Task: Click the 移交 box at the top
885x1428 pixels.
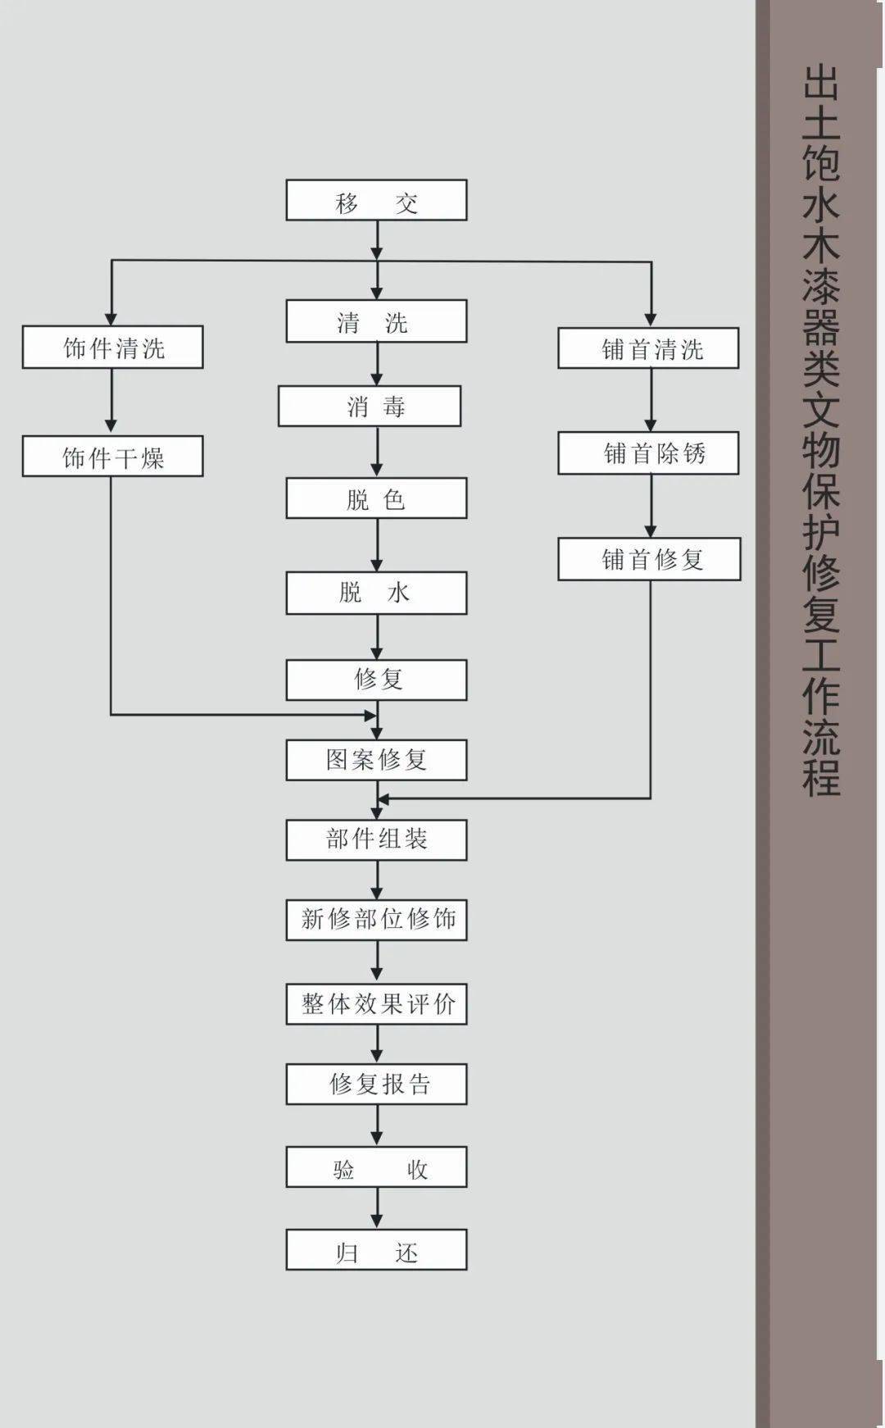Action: (x=376, y=200)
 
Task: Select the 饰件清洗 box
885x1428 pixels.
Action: (x=112, y=348)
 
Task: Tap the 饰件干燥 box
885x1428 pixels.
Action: (x=112, y=457)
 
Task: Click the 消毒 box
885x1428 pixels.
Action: (x=370, y=406)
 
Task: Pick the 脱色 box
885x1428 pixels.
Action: (x=376, y=498)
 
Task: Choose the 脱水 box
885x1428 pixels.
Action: (x=376, y=593)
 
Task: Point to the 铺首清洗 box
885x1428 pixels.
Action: (x=648, y=348)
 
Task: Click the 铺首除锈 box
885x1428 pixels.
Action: (x=648, y=453)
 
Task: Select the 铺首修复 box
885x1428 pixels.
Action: (x=649, y=559)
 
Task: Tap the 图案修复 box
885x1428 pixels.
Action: (x=376, y=760)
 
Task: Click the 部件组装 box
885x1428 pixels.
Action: (x=376, y=839)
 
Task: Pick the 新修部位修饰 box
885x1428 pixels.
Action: (x=376, y=920)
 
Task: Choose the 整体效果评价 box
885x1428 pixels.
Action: (x=376, y=1004)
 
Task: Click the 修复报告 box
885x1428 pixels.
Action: (x=376, y=1084)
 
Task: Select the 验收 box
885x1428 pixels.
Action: (x=376, y=1167)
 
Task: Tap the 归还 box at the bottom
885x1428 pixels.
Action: (x=376, y=1249)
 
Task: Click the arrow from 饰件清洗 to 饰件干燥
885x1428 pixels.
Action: (x=111, y=401)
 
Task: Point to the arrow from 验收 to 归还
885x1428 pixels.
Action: (x=377, y=1207)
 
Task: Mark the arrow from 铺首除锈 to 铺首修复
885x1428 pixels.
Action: (x=651, y=506)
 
